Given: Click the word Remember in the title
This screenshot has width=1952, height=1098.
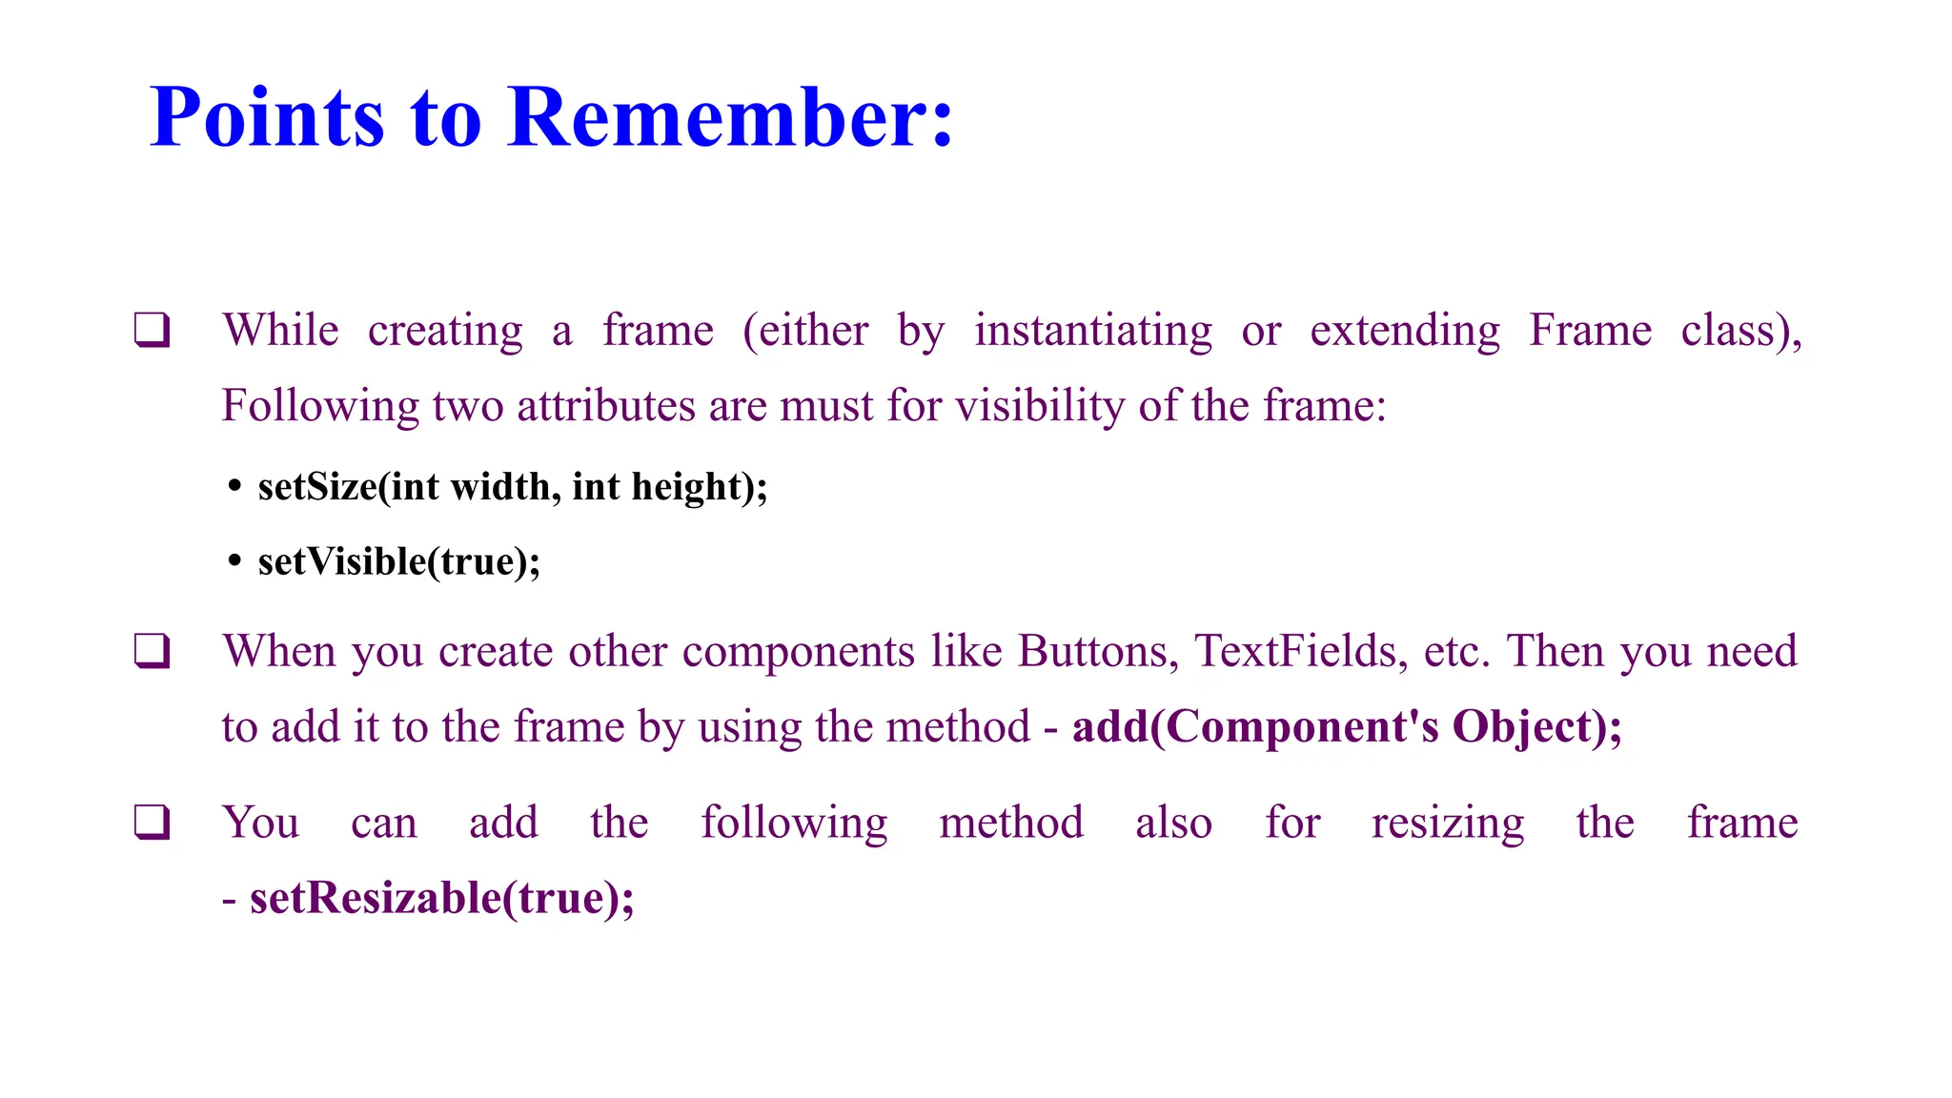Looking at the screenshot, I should tap(730, 117).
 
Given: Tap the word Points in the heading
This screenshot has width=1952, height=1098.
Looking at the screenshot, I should tap(267, 117).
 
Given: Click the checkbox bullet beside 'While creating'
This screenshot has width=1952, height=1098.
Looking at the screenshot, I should tap(152, 331).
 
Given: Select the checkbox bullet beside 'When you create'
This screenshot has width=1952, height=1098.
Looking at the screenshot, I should tap(152, 652).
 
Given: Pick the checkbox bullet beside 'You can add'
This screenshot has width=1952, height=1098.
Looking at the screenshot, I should tap(152, 823).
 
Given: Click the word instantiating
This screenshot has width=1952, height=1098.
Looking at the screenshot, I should tap(1092, 331).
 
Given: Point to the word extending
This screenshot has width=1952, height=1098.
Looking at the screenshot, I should tap(1404, 331).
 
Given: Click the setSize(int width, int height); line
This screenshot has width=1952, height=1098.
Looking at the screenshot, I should tap(513, 487).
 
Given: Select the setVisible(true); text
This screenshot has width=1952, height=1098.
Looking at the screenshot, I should tap(398, 561).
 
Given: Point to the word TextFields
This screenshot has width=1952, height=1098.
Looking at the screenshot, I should tap(1301, 652).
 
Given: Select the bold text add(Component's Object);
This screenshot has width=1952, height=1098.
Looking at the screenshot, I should tap(1346, 727).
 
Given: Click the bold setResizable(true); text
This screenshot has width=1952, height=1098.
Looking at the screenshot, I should tap(441, 898).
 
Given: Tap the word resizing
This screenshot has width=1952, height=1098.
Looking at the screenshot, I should tap(1447, 823).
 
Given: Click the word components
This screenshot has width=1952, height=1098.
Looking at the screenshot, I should tap(799, 652).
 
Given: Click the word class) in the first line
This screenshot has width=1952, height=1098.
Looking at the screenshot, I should tap(1740, 331).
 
